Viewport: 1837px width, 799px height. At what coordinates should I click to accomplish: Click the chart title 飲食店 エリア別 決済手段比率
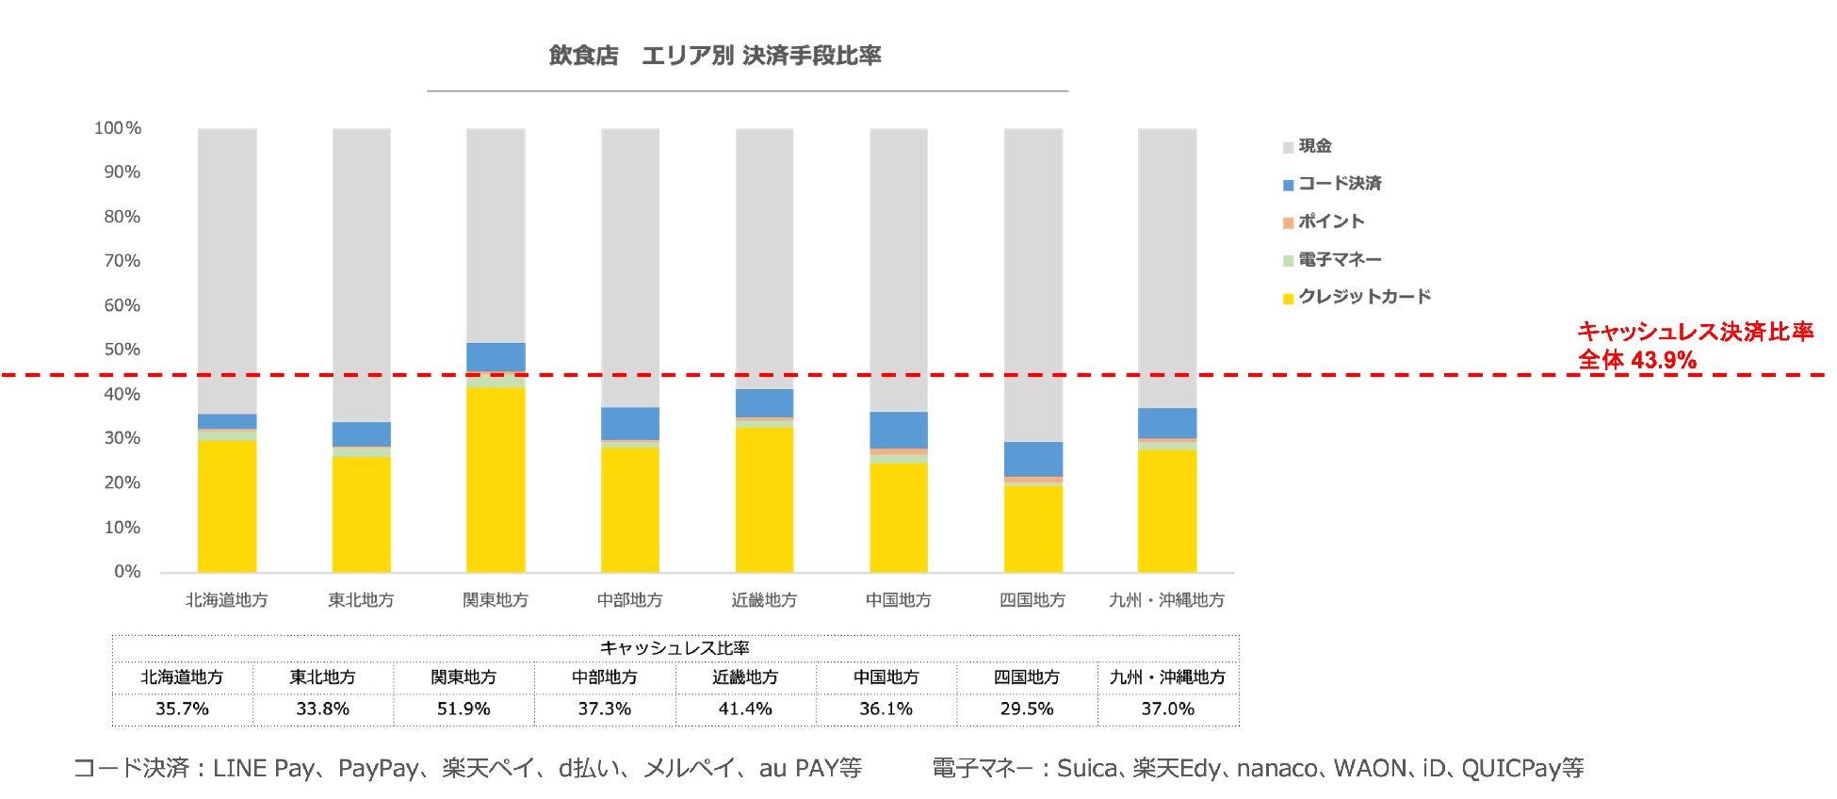(x=715, y=56)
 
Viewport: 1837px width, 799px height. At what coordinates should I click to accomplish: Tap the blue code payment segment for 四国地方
(x=1032, y=459)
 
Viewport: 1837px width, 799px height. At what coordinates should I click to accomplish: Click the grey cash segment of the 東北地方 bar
(x=361, y=273)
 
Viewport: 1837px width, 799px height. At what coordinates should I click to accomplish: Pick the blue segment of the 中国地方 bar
(x=898, y=430)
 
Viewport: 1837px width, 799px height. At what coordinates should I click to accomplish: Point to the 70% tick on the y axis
(x=122, y=261)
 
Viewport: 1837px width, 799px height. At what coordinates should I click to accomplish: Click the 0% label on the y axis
(x=127, y=572)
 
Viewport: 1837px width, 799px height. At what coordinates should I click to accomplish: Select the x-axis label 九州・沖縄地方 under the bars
(x=1166, y=600)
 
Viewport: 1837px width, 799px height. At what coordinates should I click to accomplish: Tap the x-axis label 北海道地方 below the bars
(x=226, y=600)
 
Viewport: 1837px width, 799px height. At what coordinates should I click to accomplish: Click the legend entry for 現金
(x=1314, y=146)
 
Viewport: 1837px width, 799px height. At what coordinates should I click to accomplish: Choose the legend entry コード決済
(x=1339, y=184)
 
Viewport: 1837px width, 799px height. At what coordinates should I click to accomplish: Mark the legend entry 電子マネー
(x=1340, y=259)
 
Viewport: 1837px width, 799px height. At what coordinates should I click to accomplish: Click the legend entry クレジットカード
(x=1364, y=297)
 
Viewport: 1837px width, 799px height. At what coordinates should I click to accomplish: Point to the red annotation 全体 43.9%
(x=1637, y=360)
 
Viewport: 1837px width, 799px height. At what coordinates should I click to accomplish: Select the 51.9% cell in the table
(x=463, y=709)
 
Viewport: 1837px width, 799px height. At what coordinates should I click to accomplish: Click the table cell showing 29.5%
(x=1027, y=709)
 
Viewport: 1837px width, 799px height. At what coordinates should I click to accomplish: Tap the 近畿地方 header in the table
(x=745, y=677)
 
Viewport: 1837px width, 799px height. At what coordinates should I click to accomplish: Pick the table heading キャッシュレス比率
(x=675, y=648)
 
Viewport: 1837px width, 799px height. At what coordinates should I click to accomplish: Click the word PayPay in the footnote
(x=378, y=769)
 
